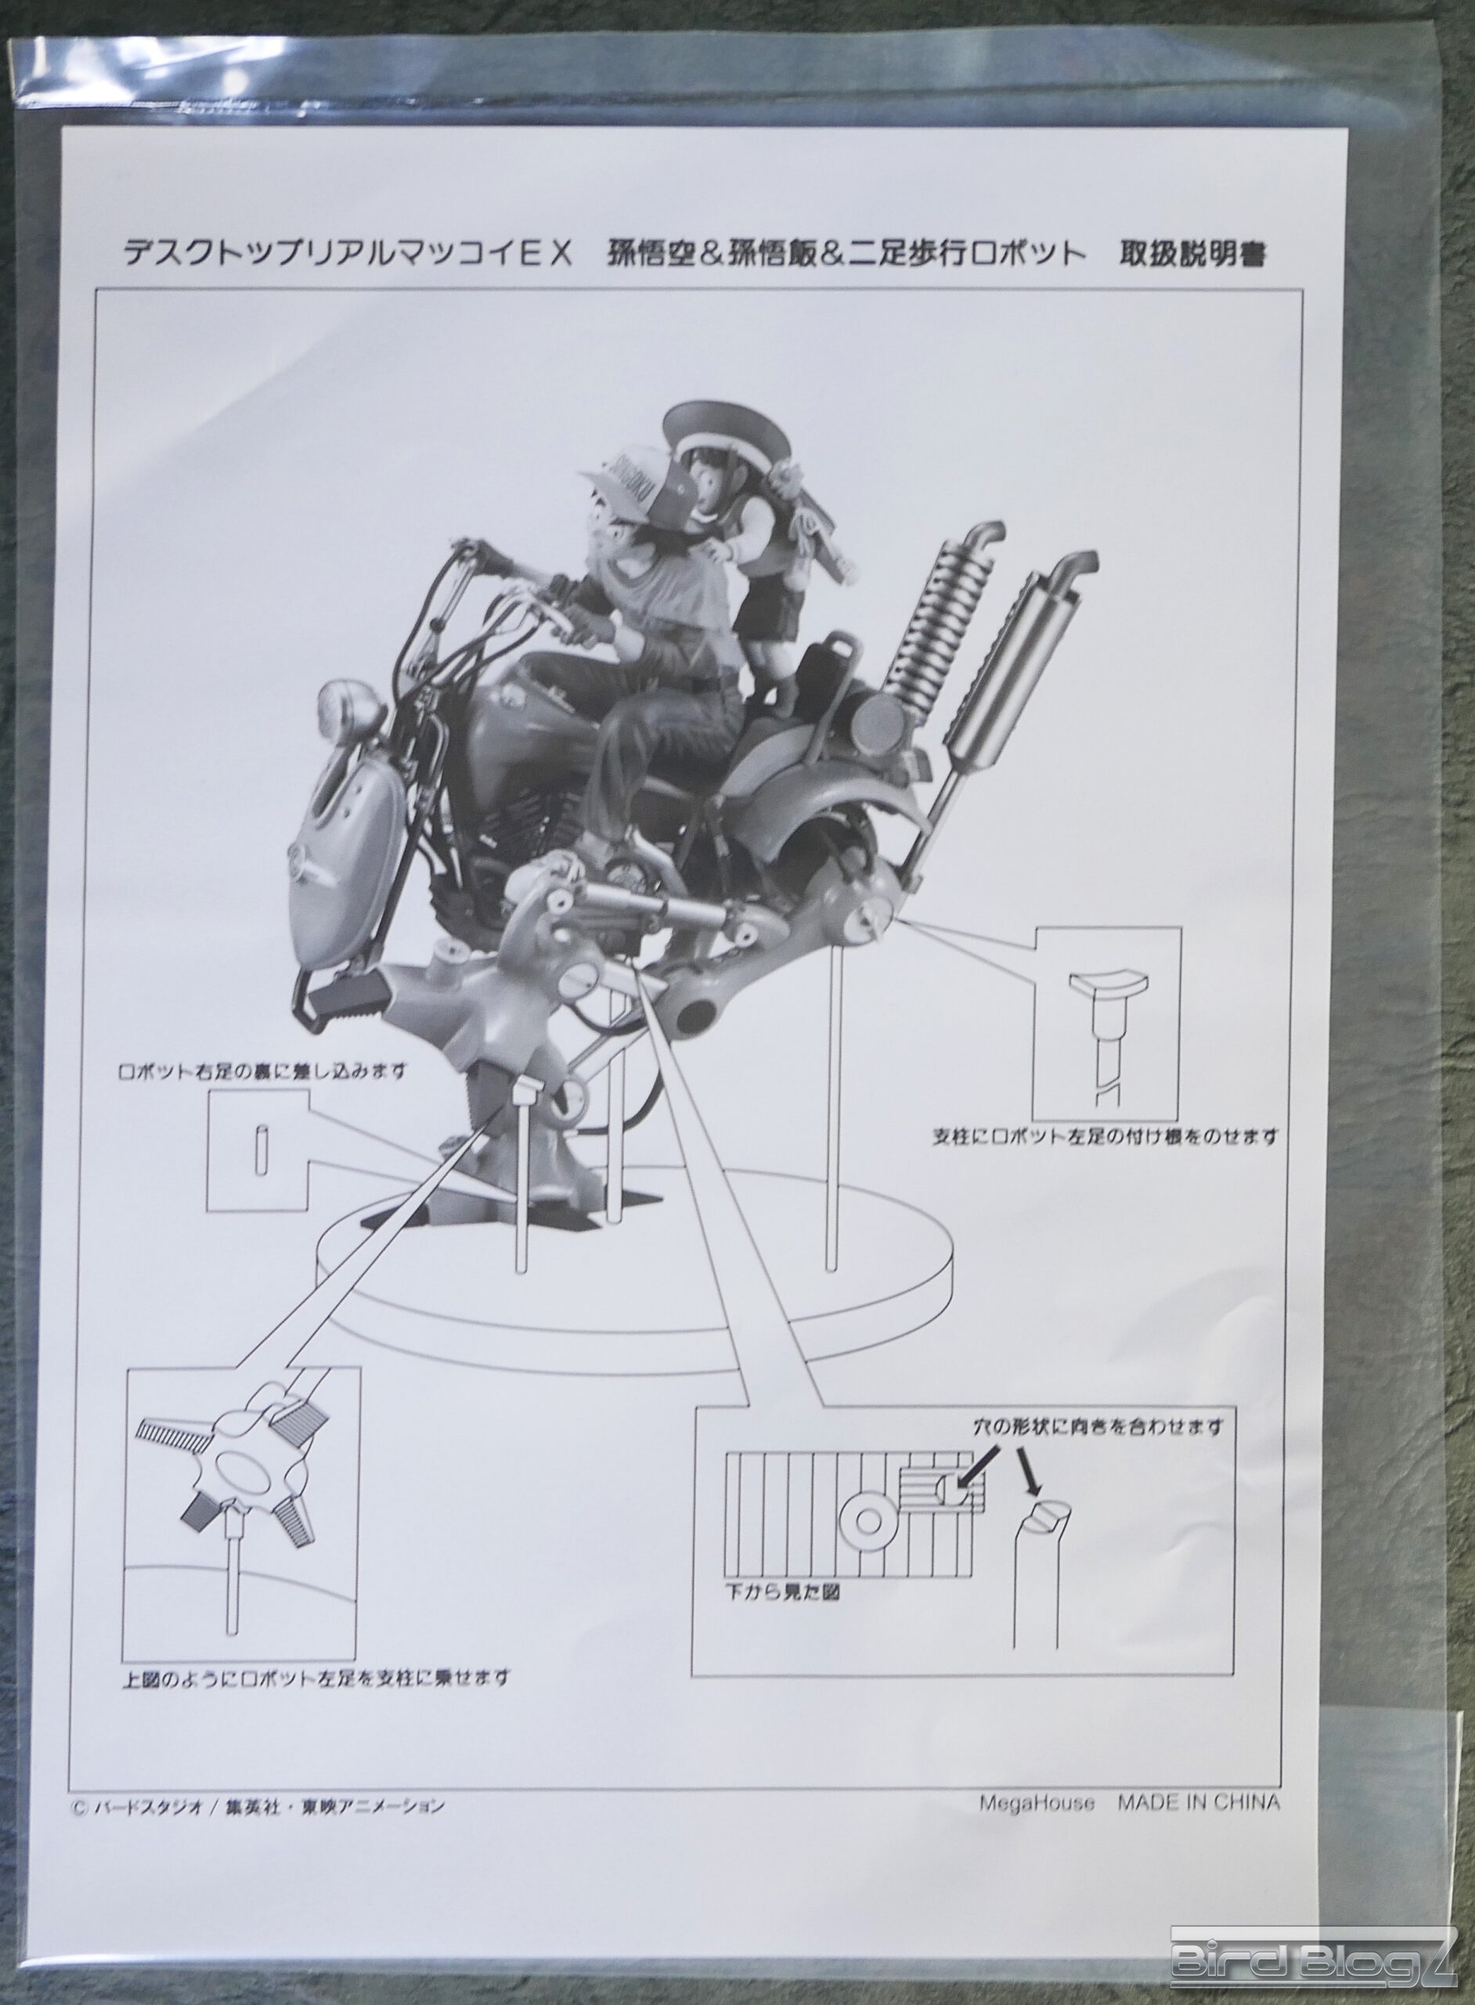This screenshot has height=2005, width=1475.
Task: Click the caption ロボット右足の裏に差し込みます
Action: [262, 1069]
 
